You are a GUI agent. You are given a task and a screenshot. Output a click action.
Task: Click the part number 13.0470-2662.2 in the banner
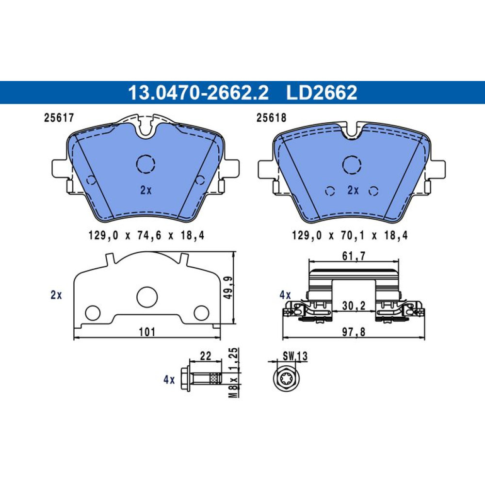[198, 93]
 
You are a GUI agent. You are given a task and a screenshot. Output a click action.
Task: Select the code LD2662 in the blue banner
[322, 93]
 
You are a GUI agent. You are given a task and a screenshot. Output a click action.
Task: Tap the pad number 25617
[59, 118]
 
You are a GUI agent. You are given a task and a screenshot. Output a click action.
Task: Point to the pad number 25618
[271, 118]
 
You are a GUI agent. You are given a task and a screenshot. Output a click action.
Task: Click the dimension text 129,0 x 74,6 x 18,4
[146, 236]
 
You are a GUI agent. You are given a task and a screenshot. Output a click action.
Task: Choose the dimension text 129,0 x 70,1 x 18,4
[350, 236]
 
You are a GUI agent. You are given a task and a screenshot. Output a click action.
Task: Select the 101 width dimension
[147, 332]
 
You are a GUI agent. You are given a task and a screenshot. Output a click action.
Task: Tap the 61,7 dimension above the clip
[354, 256]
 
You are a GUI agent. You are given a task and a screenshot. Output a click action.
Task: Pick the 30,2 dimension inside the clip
[354, 306]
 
